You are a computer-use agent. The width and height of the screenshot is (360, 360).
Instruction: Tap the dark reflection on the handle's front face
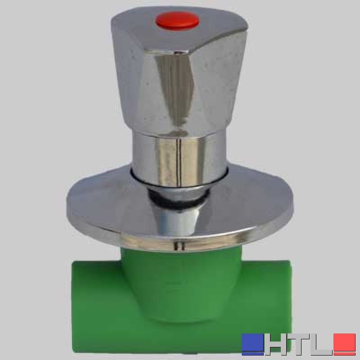(176, 90)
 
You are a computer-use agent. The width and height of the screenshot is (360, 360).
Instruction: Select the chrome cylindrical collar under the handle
(179, 158)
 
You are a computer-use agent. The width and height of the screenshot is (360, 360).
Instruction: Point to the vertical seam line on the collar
(180, 161)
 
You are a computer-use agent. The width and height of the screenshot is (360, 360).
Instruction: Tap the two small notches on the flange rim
(179, 246)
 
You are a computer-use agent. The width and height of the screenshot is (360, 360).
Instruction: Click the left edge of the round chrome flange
(67, 202)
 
